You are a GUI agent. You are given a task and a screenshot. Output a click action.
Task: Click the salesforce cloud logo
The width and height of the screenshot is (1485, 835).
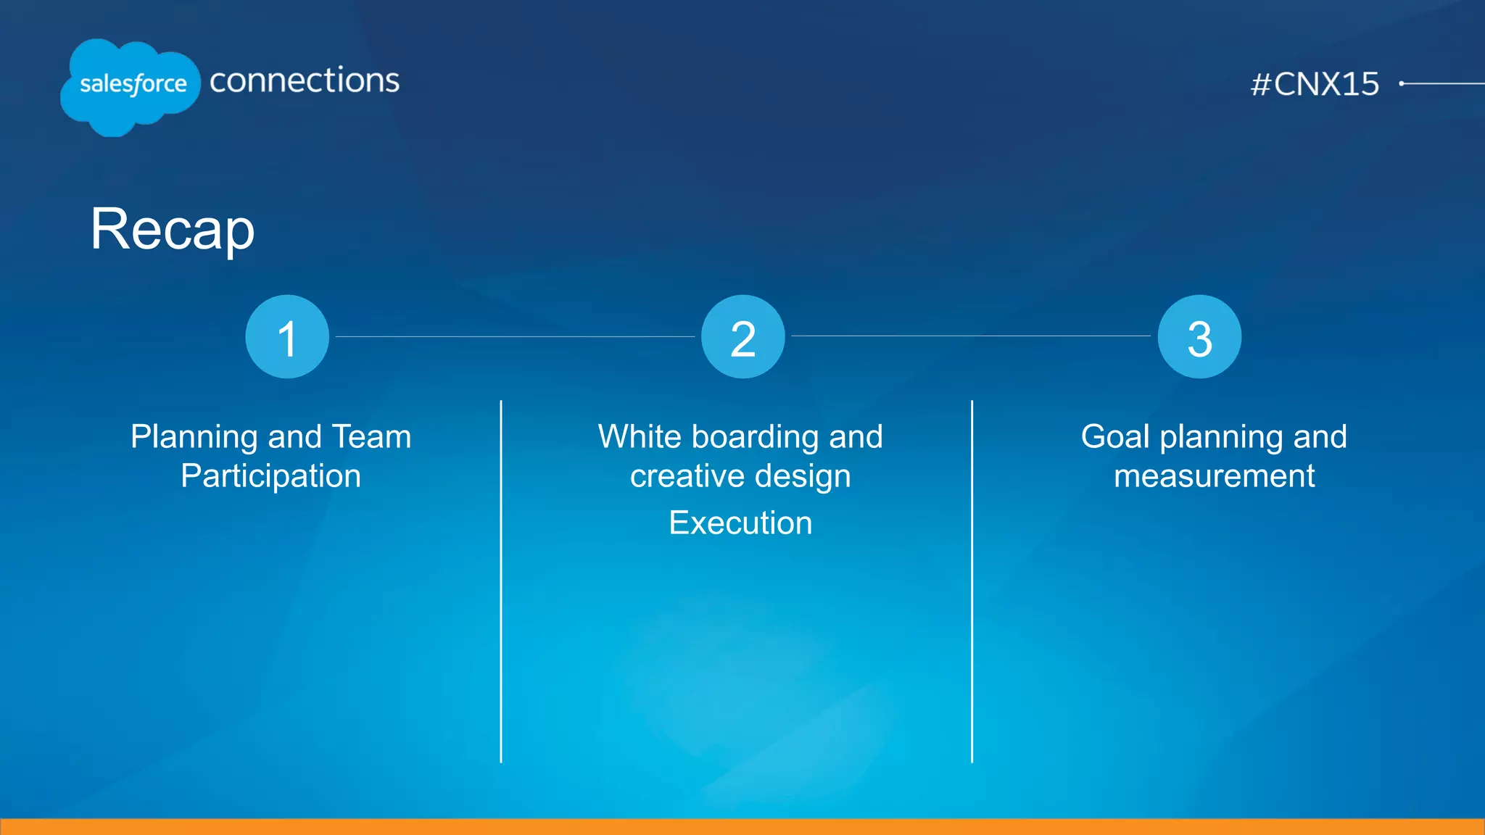tap(131, 86)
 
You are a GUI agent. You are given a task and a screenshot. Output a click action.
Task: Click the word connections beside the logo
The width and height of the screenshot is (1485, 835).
tap(305, 80)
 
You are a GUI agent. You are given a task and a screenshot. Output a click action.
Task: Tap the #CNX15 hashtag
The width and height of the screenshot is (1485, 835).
tap(1315, 84)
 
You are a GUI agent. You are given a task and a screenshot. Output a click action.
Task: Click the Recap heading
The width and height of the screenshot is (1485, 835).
tap(173, 229)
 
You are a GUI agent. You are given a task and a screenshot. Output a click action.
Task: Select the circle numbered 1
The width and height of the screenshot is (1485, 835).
tap(287, 337)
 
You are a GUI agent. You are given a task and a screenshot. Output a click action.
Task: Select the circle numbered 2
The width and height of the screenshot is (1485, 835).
tap(743, 337)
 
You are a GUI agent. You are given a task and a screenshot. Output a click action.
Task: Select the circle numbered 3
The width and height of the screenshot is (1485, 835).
tap(1199, 337)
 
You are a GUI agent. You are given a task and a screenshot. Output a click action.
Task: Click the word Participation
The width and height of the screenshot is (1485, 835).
tap(270, 476)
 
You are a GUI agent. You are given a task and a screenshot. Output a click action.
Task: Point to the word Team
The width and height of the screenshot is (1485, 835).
tap(371, 436)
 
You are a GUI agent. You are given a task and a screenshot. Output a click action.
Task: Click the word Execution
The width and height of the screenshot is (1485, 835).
tap(740, 523)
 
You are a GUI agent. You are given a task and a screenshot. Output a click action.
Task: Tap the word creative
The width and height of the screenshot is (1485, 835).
tap(677, 476)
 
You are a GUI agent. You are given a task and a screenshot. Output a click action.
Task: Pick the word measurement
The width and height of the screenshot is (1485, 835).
tap(1214, 476)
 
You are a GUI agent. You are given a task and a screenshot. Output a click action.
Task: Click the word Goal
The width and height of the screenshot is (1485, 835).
tap(1114, 436)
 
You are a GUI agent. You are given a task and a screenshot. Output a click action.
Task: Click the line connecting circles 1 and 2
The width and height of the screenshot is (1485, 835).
tap(515, 336)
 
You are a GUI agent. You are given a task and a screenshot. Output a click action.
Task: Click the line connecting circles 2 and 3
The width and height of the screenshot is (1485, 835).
tap(971, 336)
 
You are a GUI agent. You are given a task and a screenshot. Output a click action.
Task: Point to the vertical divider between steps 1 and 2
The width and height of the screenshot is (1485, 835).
tap(501, 580)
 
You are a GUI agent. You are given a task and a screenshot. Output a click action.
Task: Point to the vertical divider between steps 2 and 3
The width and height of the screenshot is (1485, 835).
tap(972, 580)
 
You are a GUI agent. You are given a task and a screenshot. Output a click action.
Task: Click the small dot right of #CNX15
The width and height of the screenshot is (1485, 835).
tap(1402, 83)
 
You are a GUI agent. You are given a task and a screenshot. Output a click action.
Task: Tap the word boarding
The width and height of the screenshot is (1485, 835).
tap(756, 436)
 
